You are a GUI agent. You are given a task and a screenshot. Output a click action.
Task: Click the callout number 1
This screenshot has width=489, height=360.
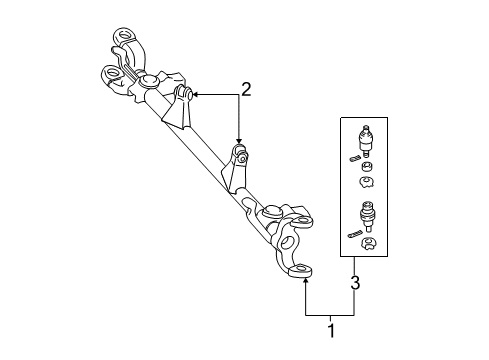click(330, 325)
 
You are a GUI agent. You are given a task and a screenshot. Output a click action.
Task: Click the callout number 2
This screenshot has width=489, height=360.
click(245, 89)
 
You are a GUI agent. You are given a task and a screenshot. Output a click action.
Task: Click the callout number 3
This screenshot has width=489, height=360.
click(353, 283)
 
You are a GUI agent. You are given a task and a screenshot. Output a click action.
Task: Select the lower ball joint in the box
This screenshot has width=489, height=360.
click(367, 215)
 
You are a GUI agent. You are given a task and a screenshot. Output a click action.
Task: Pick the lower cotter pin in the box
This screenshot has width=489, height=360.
click(356, 234)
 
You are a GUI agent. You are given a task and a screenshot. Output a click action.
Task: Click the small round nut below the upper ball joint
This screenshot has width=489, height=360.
click(367, 165)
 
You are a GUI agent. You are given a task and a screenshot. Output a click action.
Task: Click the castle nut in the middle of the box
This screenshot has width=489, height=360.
click(367, 183)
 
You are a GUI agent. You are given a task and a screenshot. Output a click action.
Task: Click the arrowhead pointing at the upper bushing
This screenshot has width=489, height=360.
click(195, 93)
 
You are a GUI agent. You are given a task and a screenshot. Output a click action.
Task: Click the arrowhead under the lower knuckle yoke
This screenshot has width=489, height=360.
click(305, 284)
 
